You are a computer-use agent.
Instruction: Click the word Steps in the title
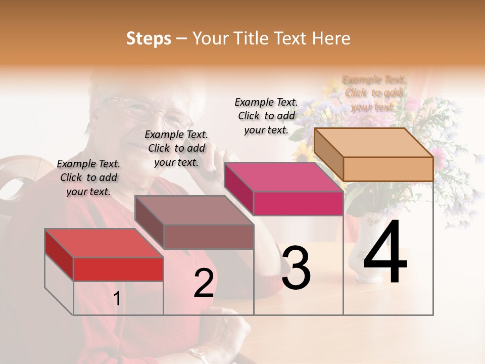click(x=149, y=38)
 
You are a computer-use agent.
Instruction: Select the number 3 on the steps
click(x=296, y=268)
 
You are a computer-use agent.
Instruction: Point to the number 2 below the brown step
click(x=204, y=284)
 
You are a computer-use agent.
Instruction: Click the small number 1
click(x=117, y=299)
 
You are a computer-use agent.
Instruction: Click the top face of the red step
click(x=104, y=243)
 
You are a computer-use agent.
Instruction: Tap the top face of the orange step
click(x=373, y=143)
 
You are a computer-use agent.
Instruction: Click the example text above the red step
click(x=89, y=177)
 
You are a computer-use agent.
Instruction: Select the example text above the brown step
click(x=176, y=148)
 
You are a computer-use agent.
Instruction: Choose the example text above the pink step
click(x=266, y=116)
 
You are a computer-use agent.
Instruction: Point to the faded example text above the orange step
click(x=373, y=93)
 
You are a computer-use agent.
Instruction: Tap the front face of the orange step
click(x=388, y=169)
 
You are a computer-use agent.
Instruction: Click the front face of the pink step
click(x=298, y=203)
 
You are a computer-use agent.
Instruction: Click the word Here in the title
click(x=331, y=38)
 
